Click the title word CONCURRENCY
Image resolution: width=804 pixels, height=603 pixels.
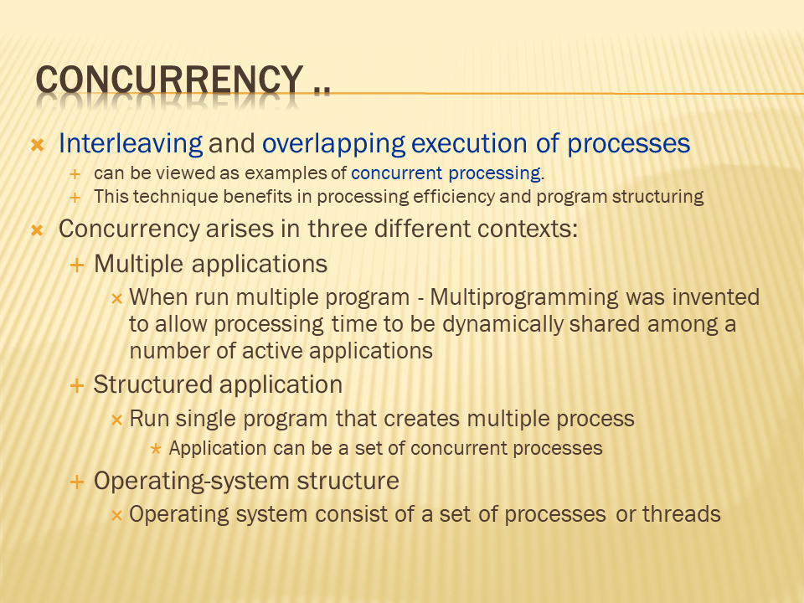tap(169, 80)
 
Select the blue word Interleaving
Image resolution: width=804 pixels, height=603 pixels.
tap(131, 143)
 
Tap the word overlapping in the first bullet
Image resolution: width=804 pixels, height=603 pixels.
tap(334, 143)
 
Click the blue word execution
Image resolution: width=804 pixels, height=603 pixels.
tap(469, 143)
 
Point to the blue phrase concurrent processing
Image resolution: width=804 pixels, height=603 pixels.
tap(446, 173)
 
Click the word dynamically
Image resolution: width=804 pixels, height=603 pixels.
tap(502, 325)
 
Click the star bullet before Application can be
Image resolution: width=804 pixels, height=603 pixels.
tap(156, 450)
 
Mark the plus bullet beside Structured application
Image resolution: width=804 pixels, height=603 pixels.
tap(77, 385)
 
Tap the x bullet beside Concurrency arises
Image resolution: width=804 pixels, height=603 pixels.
tap(37, 230)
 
